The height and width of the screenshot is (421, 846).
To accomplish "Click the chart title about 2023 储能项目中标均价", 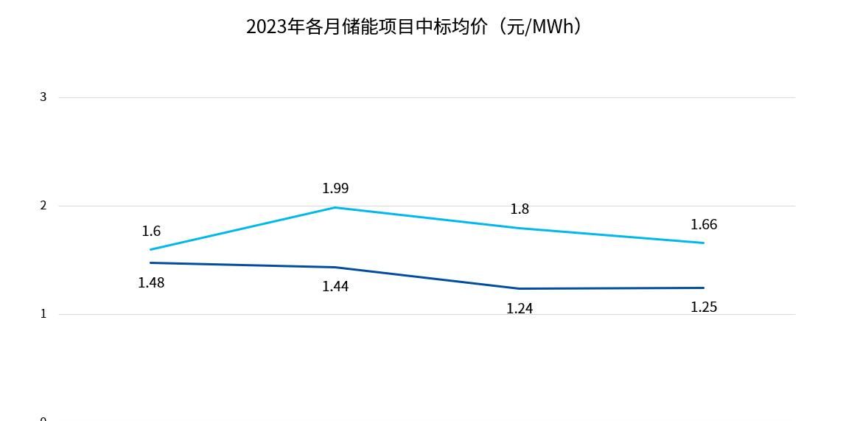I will (x=415, y=27).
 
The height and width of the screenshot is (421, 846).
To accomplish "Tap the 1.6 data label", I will (x=151, y=232).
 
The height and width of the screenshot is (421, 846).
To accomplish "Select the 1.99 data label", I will (x=335, y=189).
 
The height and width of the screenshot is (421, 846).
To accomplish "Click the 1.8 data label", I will (x=520, y=209).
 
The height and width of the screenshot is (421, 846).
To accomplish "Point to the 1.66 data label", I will (x=704, y=225).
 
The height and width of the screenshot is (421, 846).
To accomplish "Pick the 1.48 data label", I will (x=151, y=282).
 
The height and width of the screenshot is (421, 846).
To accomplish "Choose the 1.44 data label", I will (x=335, y=287).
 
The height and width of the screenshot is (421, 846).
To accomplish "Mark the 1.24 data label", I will (x=520, y=309).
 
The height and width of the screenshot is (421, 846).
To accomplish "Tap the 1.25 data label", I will (x=704, y=307).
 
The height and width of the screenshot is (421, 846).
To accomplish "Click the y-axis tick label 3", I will (x=43, y=97).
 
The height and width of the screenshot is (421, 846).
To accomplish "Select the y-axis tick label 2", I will (x=43, y=206).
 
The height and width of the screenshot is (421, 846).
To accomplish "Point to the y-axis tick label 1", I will (x=43, y=314).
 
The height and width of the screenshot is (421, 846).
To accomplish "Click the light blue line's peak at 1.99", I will (x=335, y=207).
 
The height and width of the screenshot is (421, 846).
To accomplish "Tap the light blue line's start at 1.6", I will (x=151, y=249).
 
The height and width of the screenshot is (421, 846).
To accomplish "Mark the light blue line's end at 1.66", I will (x=704, y=243).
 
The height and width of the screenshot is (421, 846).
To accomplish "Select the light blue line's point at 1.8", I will (x=520, y=228).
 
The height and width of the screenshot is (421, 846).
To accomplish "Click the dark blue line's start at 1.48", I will (x=151, y=262).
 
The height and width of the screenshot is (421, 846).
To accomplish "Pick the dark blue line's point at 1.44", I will (x=335, y=267).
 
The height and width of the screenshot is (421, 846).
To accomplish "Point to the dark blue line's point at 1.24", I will (x=520, y=288).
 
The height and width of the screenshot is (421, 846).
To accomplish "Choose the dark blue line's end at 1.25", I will (x=704, y=288).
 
